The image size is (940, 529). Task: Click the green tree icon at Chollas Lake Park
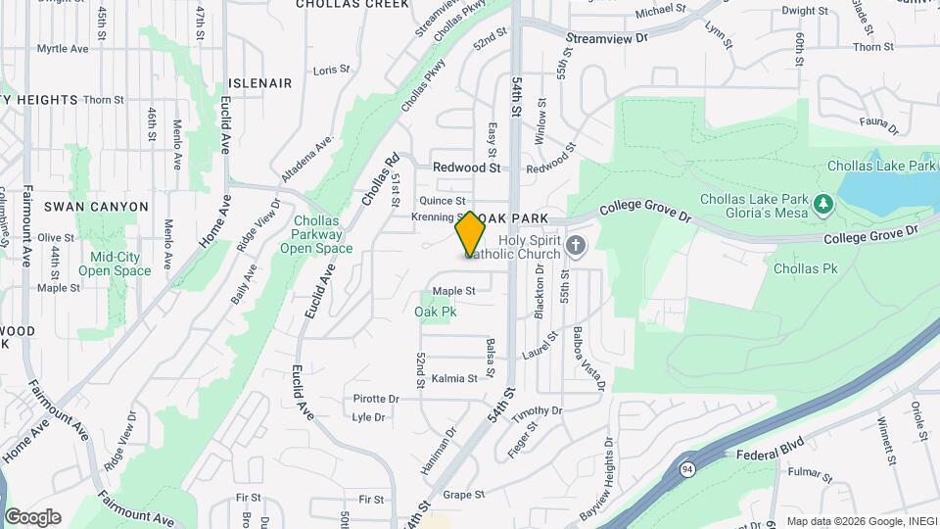point(823,205)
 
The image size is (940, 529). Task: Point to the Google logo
point(32,516)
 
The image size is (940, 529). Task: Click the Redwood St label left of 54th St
point(466,168)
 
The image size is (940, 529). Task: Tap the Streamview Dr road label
point(607,39)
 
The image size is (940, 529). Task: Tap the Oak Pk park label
point(436,312)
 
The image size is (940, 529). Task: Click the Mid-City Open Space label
point(115,264)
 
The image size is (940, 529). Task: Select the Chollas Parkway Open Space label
point(316,234)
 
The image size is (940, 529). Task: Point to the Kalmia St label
point(453,378)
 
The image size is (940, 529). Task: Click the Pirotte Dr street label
point(376,399)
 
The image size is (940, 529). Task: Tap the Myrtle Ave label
point(63,48)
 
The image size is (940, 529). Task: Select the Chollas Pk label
point(805,267)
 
